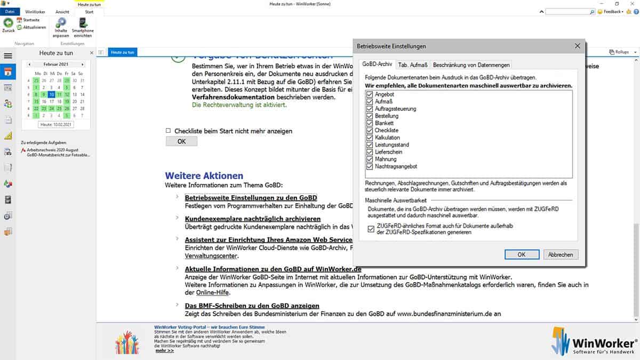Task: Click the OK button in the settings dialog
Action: click(521, 254)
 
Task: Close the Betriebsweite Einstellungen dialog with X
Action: click(577, 46)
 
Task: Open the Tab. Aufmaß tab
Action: click(413, 65)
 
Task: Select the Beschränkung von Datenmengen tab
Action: click(471, 65)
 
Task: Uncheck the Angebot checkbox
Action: click(370, 94)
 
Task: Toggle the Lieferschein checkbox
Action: click(370, 152)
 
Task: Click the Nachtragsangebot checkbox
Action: click(370, 166)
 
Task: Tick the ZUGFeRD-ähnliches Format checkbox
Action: click(371, 229)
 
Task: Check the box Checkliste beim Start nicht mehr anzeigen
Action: click(169, 131)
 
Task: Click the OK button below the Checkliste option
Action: click(181, 141)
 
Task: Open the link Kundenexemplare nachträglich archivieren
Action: click(252, 219)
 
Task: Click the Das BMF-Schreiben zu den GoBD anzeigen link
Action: click(252, 306)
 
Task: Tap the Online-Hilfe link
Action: click(210, 293)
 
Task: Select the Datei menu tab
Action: click(10, 11)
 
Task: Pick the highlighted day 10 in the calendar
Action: click(51, 94)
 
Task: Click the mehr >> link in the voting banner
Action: click(164, 350)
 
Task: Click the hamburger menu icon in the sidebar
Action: click(7, 55)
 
